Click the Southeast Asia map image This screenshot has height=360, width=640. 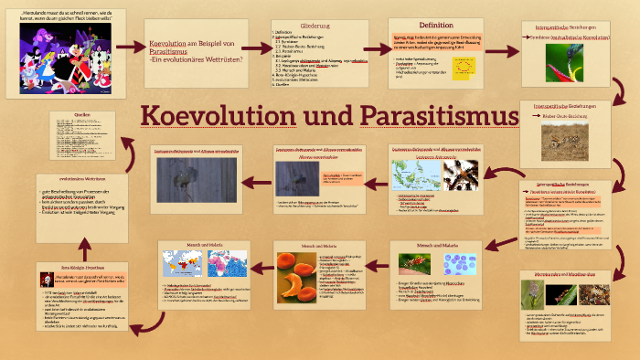416,174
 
